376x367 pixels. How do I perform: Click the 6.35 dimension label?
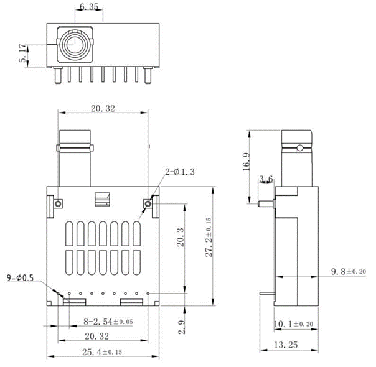click(x=89, y=7)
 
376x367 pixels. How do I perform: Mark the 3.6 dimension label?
click(x=266, y=179)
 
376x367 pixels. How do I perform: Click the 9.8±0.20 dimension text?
click(x=349, y=271)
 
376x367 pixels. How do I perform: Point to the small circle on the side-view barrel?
click(x=300, y=148)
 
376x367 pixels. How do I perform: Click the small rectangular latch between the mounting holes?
click(x=101, y=198)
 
